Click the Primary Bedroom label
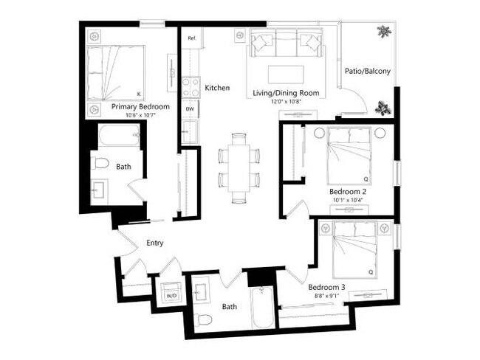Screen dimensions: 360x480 pos(140,107)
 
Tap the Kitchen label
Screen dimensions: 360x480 pos(217,88)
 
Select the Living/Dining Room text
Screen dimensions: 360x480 pos(286,92)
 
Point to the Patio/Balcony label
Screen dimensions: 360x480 pos(367,72)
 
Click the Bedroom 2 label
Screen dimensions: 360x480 pos(348,191)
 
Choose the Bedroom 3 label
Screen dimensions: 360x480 pos(326,286)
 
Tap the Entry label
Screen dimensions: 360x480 pos(155,243)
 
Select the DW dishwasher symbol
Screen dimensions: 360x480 pos(190,109)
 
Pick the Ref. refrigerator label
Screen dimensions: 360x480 pos(191,38)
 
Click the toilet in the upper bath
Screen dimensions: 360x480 pos(102,163)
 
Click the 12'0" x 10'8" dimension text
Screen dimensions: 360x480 pos(286,102)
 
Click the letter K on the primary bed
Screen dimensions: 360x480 pos(139,94)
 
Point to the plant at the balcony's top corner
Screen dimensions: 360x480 pos(383,32)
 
